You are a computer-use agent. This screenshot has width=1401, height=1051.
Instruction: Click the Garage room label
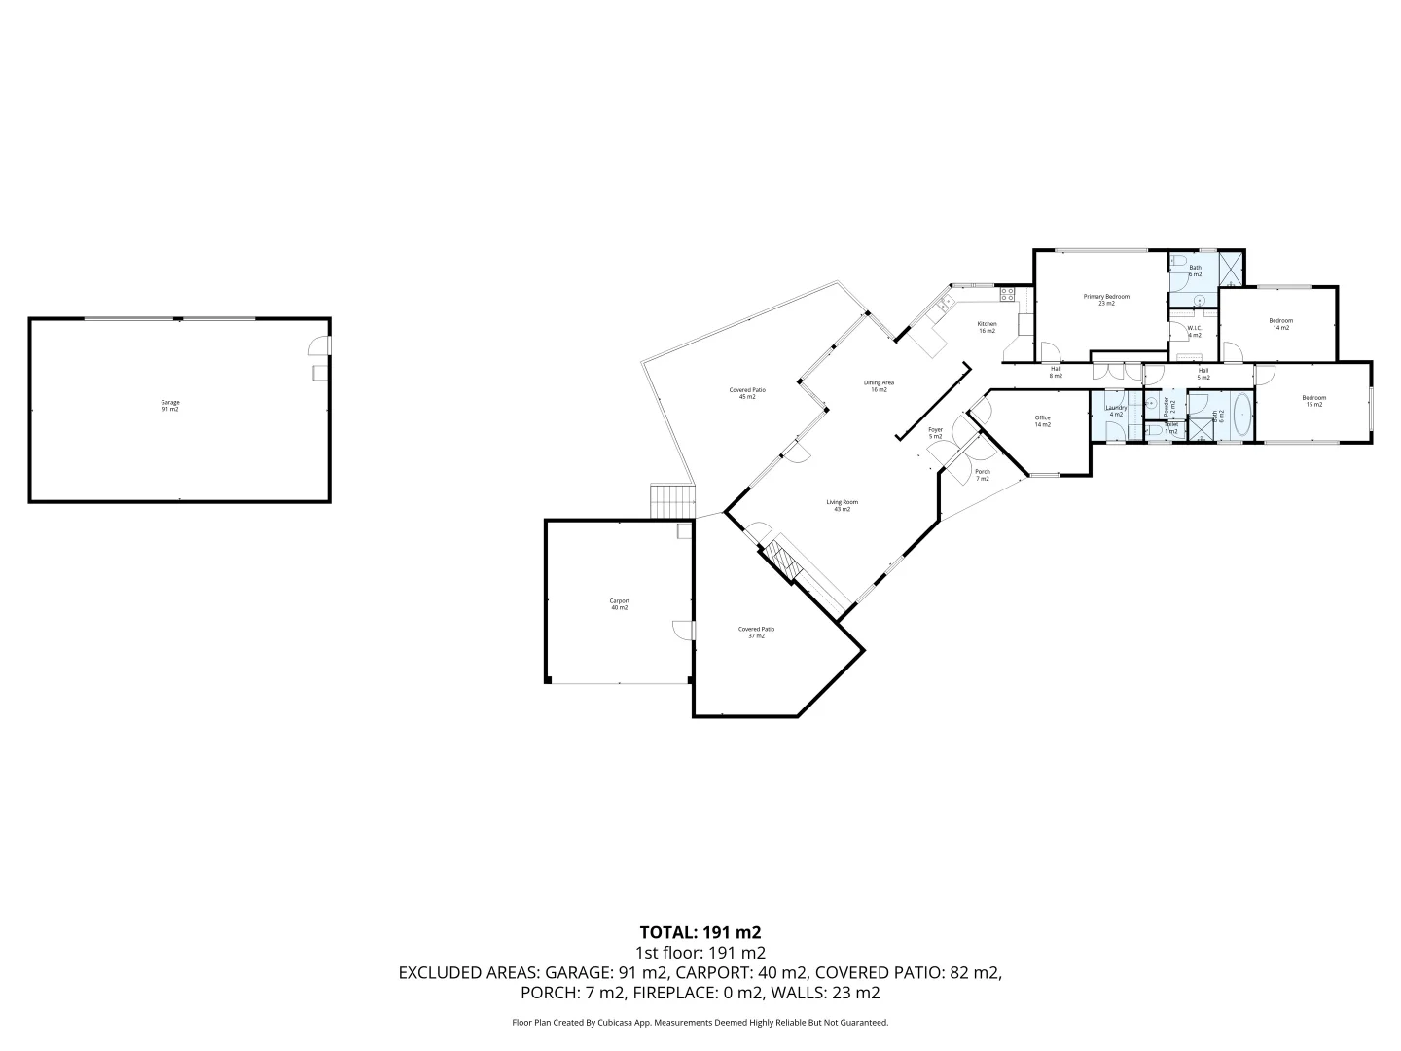click(x=170, y=406)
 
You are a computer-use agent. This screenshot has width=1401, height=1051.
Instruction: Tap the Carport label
click(x=620, y=604)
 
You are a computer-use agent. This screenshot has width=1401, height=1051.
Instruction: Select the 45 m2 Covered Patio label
click(x=747, y=393)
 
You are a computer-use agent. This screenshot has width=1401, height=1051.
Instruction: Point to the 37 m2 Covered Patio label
click(x=756, y=632)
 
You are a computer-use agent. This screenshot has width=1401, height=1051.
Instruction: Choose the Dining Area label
click(x=879, y=385)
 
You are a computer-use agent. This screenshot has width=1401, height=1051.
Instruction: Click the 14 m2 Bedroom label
click(x=1280, y=324)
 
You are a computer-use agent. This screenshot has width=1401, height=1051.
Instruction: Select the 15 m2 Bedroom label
click(x=1313, y=401)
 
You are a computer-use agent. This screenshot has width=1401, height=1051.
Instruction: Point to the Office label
click(x=1042, y=420)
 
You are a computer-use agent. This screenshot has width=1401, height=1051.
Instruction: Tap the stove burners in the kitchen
click(x=1008, y=292)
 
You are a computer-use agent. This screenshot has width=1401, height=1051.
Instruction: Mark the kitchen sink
click(x=942, y=308)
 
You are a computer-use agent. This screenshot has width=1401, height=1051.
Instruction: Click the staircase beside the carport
click(x=670, y=502)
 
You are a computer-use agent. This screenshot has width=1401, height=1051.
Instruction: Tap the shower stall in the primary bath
click(x=1231, y=268)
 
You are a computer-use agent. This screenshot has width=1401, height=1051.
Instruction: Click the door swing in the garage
click(x=318, y=345)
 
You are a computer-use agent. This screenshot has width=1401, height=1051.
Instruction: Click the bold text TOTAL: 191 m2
click(x=700, y=932)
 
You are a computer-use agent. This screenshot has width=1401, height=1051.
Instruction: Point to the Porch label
click(x=983, y=475)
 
